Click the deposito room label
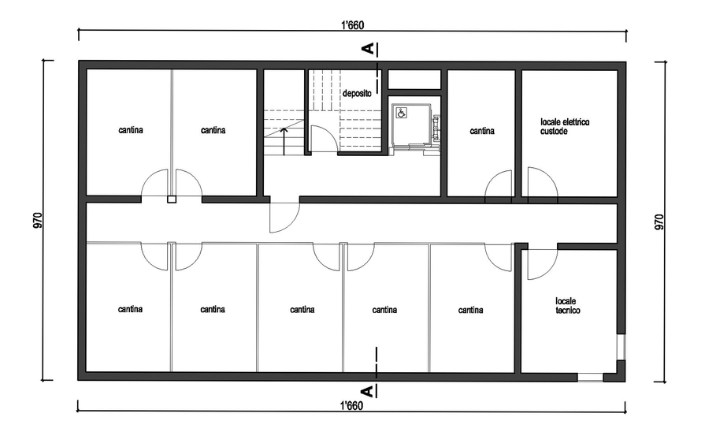pyautogui.click(x=357, y=94)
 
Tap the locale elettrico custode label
pyautogui.click(x=565, y=126)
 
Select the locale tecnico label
pyautogui.click(x=567, y=306)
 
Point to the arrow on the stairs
pyautogui.click(x=284, y=141)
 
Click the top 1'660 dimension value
pyautogui.click(x=353, y=25)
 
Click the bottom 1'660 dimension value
pyautogui.click(x=351, y=406)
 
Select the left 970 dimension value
pyautogui.click(x=38, y=220)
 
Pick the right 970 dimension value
pyautogui.click(x=659, y=222)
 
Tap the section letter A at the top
pyautogui.click(x=368, y=49)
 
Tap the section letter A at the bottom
pyautogui.click(x=368, y=391)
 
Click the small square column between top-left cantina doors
pyautogui.click(x=171, y=199)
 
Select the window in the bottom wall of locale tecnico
pyautogui.click(x=590, y=377)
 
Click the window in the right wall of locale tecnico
pyautogui.click(x=621, y=347)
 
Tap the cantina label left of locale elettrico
pyautogui.click(x=482, y=131)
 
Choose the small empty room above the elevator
pyautogui.click(x=414, y=79)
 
